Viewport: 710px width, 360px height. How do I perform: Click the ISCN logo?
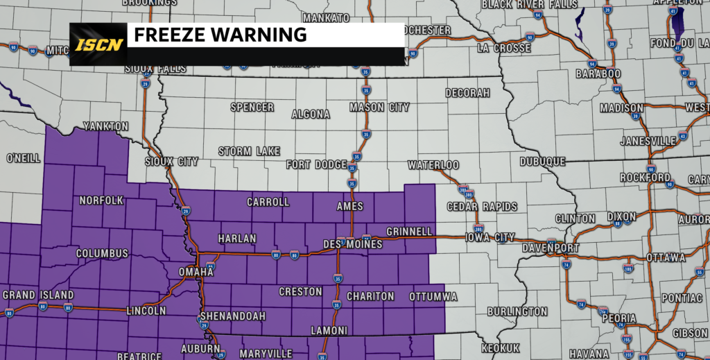coord(98,44)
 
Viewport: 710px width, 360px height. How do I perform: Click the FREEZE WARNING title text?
coord(220,34)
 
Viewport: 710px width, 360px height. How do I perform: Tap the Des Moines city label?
coord(353,245)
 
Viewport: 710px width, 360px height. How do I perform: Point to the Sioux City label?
coord(171,162)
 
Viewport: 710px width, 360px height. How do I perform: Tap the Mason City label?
coord(379,108)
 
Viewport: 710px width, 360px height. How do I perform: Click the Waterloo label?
coord(433,165)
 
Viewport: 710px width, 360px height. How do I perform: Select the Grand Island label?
coord(28,295)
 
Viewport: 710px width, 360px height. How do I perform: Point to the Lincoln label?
coord(146,311)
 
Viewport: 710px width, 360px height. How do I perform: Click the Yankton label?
coord(105,126)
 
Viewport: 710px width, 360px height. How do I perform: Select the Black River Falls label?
coord(529,5)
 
